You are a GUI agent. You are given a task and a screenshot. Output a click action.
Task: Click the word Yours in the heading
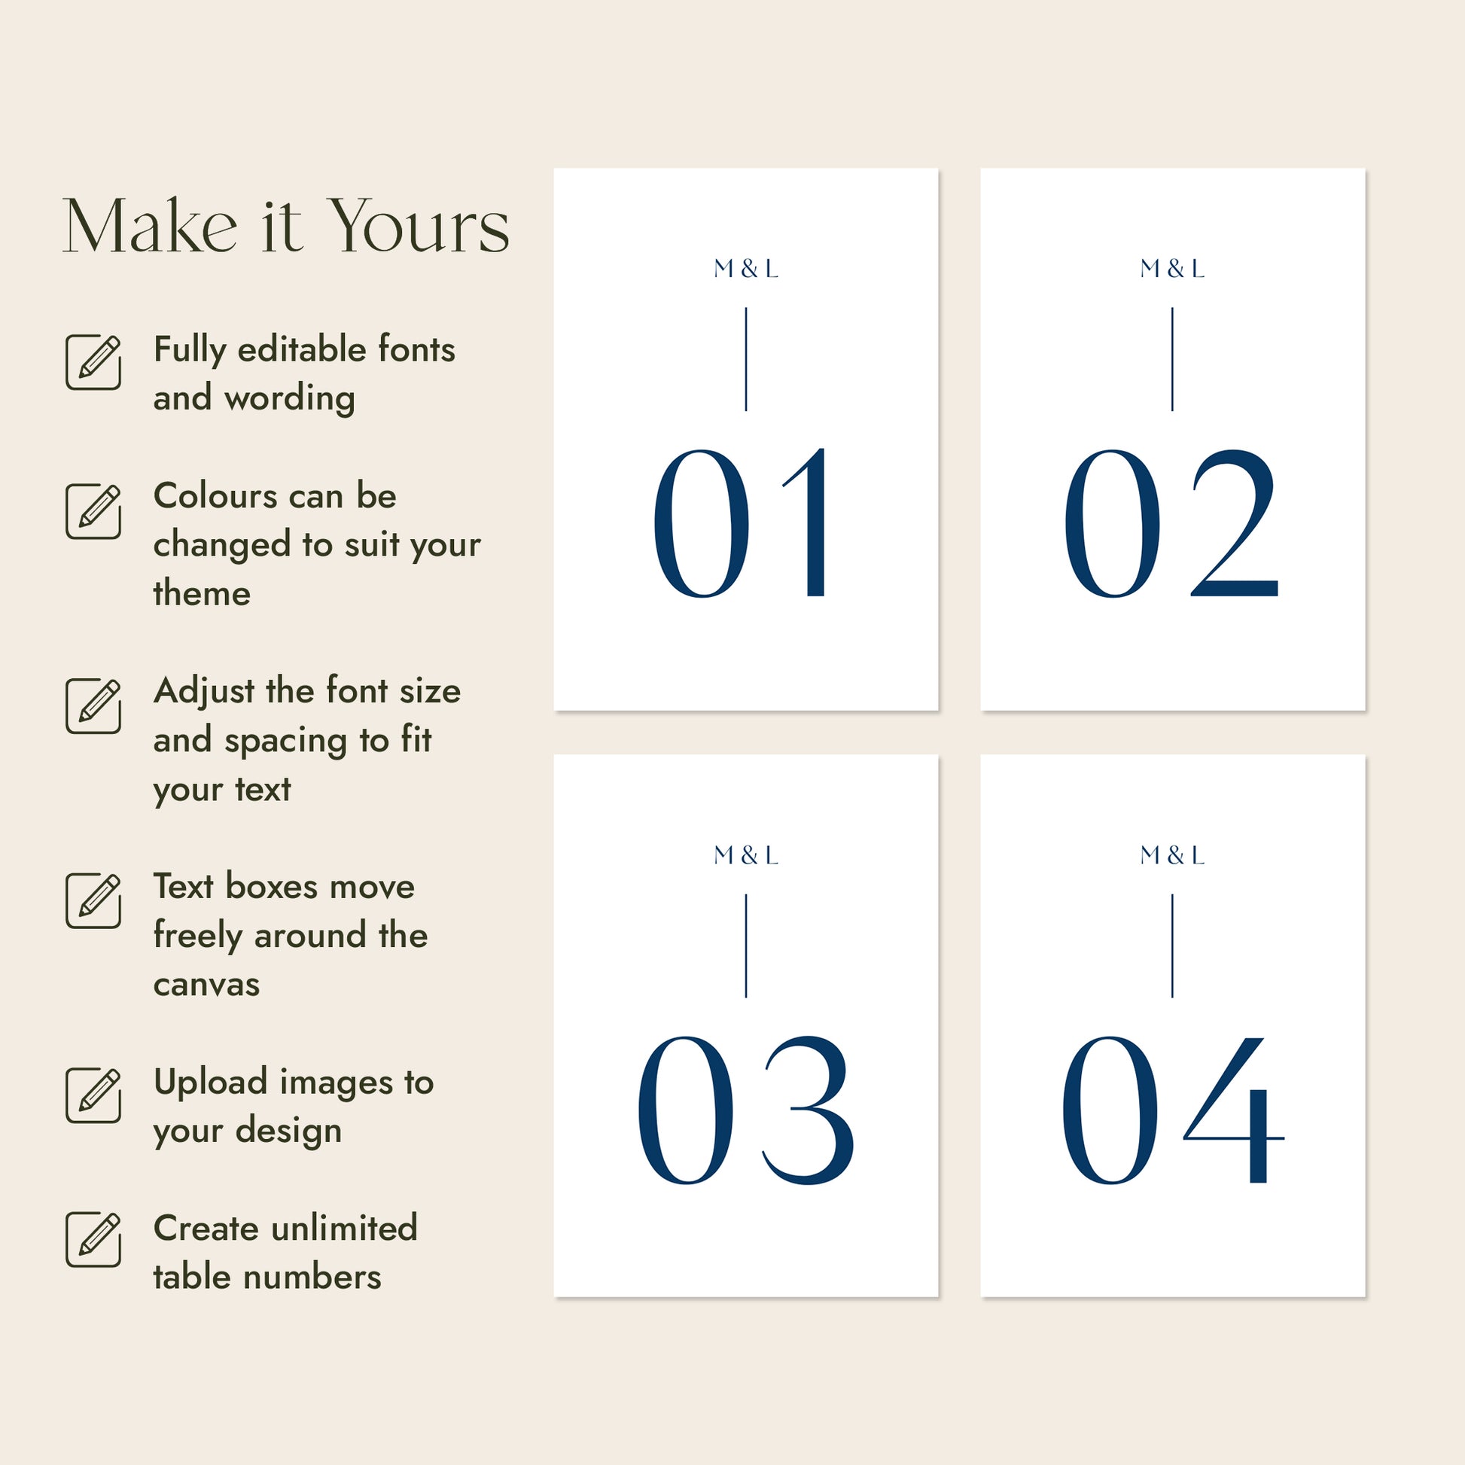420,226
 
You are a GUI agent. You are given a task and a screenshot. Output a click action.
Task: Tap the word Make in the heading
150,226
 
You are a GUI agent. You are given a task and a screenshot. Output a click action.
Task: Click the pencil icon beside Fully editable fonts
93,361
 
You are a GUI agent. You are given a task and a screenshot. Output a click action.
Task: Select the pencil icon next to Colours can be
93,511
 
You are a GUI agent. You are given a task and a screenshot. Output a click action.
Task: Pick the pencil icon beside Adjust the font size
93,706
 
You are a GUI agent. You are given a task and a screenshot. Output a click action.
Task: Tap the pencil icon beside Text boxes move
93,901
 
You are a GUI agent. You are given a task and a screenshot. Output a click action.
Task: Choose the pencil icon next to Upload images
93,1095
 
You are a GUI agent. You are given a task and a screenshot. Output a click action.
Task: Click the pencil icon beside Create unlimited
93,1239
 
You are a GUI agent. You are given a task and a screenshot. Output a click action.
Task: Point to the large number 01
741,522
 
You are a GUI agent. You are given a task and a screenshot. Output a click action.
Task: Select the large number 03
745,1110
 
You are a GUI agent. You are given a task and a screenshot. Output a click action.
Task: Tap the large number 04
1172,1110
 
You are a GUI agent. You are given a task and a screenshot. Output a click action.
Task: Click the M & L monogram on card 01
746,269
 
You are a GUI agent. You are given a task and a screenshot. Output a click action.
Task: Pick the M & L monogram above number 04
1172,855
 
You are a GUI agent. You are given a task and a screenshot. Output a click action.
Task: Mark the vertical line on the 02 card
1172,359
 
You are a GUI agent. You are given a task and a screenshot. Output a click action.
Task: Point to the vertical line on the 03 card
746,946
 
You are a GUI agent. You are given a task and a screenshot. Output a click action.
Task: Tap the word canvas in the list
206,985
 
